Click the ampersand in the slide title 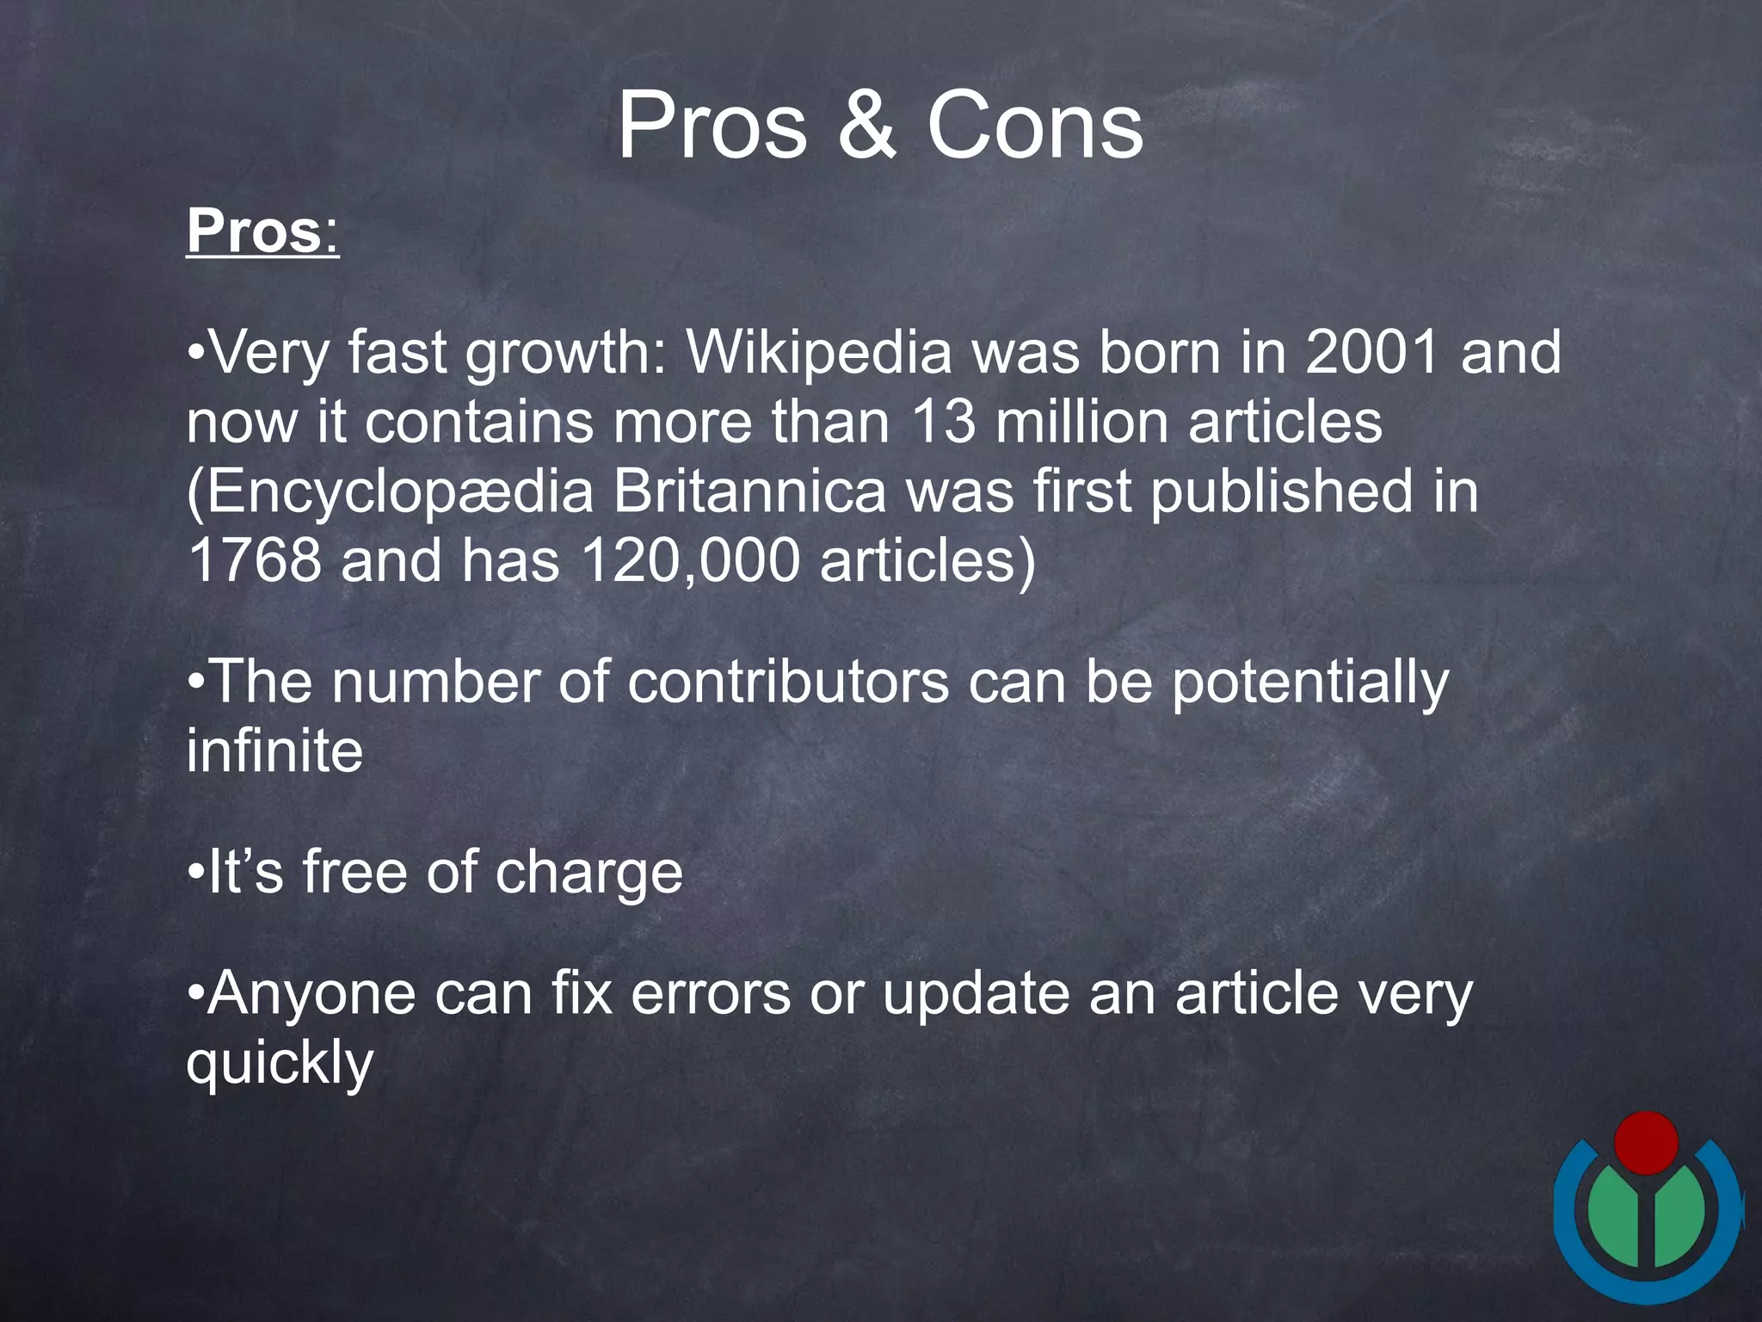click(x=867, y=127)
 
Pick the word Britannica click(x=749, y=491)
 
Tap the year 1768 click(x=254, y=560)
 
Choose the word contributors click(x=788, y=683)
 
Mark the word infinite click(x=274, y=751)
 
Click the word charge click(x=588, y=873)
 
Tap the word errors click(x=711, y=994)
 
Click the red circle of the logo click(x=1645, y=1142)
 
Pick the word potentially click(x=1310, y=683)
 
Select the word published click(x=1281, y=491)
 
